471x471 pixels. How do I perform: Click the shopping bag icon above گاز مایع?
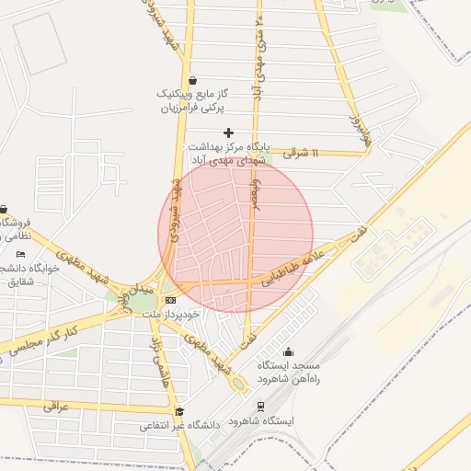pos(191,80)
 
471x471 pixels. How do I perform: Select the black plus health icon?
pos(229,133)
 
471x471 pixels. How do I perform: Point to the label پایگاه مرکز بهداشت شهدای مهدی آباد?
pos(227,153)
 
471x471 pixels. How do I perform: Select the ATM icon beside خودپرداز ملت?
pos(170,300)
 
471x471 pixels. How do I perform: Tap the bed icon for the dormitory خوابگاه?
pos(21,254)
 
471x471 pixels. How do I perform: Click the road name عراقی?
pos(57,405)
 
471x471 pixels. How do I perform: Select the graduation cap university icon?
pos(179,411)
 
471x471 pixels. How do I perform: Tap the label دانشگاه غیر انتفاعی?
pos(180,427)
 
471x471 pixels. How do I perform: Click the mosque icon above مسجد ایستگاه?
pos(288,351)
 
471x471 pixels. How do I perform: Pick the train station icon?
pos(260,406)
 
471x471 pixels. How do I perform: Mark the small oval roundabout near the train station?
pos(239,383)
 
